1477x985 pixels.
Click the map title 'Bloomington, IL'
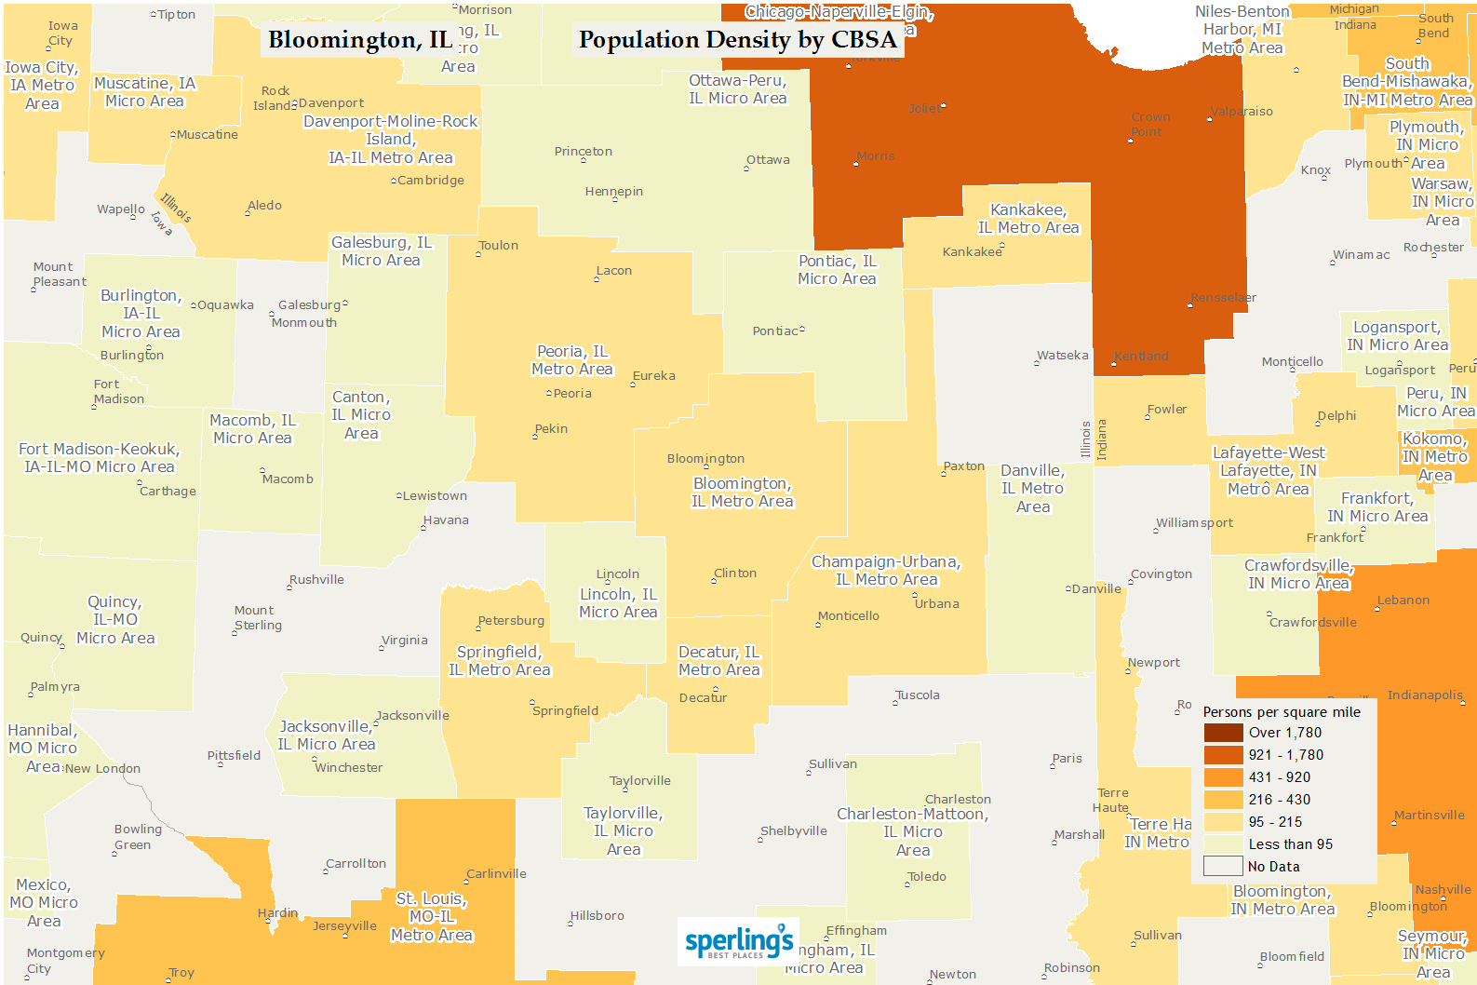[359, 40]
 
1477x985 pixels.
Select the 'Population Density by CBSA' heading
[737, 40]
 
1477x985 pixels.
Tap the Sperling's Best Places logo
[739, 942]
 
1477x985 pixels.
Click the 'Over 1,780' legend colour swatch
[1223, 733]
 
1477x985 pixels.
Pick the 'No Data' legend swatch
[1223, 867]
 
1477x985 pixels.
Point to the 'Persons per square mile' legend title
[1281, 712]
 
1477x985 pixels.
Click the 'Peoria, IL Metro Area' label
[572, 360]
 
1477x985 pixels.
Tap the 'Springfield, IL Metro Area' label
[500, 661]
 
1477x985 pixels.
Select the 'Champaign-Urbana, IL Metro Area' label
[886, 571]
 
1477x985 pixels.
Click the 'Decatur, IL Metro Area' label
[718, 661]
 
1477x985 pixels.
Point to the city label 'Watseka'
[1062, 356]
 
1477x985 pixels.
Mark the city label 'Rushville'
[316, 580]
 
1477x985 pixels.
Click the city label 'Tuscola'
[918, 695]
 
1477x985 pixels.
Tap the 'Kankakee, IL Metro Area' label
[1027, 219]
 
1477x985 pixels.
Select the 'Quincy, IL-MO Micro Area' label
[114, 620]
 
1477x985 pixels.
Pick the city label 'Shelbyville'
[794, 831]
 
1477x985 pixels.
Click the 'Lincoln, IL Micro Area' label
[618, 603]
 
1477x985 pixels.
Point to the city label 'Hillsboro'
[598, 916]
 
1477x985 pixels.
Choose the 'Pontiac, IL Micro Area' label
[837, 270]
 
